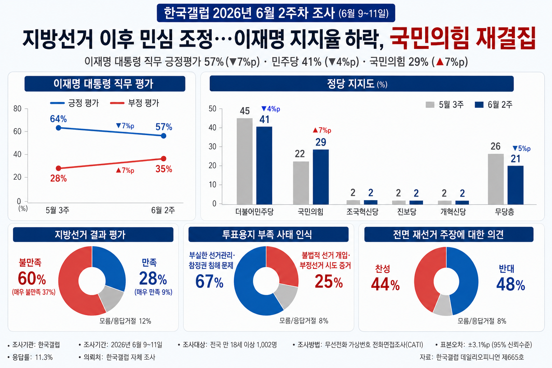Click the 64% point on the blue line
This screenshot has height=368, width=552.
pyautogui.click(x=59, y=128)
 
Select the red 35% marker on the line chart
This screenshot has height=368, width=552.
pyautogui.click(x=164, y=158)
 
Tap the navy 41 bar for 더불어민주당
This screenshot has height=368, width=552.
pyautogui.click(x=264, y=165)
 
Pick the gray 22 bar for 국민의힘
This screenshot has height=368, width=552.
pyautogui.click(x=301, y=183)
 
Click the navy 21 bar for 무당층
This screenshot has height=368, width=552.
pyautogui.click(x=515, y=185)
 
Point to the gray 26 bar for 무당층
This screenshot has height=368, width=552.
pyautogui.click(x=496, y=179)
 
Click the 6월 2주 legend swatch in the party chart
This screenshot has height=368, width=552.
pyautogui.click(x=479, y=105)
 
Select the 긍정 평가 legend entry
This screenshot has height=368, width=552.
pyautogui.click(x=74, y=103)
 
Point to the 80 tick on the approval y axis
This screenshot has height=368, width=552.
pyautogui.click(x=18, y=109)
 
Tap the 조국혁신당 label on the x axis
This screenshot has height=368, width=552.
pyautogui.click(x=362, y=212)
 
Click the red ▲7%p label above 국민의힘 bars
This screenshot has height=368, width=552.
pyautogui.click(x=322, y=130)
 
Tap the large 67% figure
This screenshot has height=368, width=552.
pyautogui.click(x=210, y=281)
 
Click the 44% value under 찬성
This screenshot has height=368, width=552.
pyautogui.click(x=385, y=284)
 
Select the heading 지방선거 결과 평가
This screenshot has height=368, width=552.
pyautogui.click(x=90, y=234)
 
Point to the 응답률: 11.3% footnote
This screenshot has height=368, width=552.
pyautogui.click(x=30, y=357)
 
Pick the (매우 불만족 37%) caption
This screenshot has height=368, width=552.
pyautogui.click(x=34, y=292)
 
